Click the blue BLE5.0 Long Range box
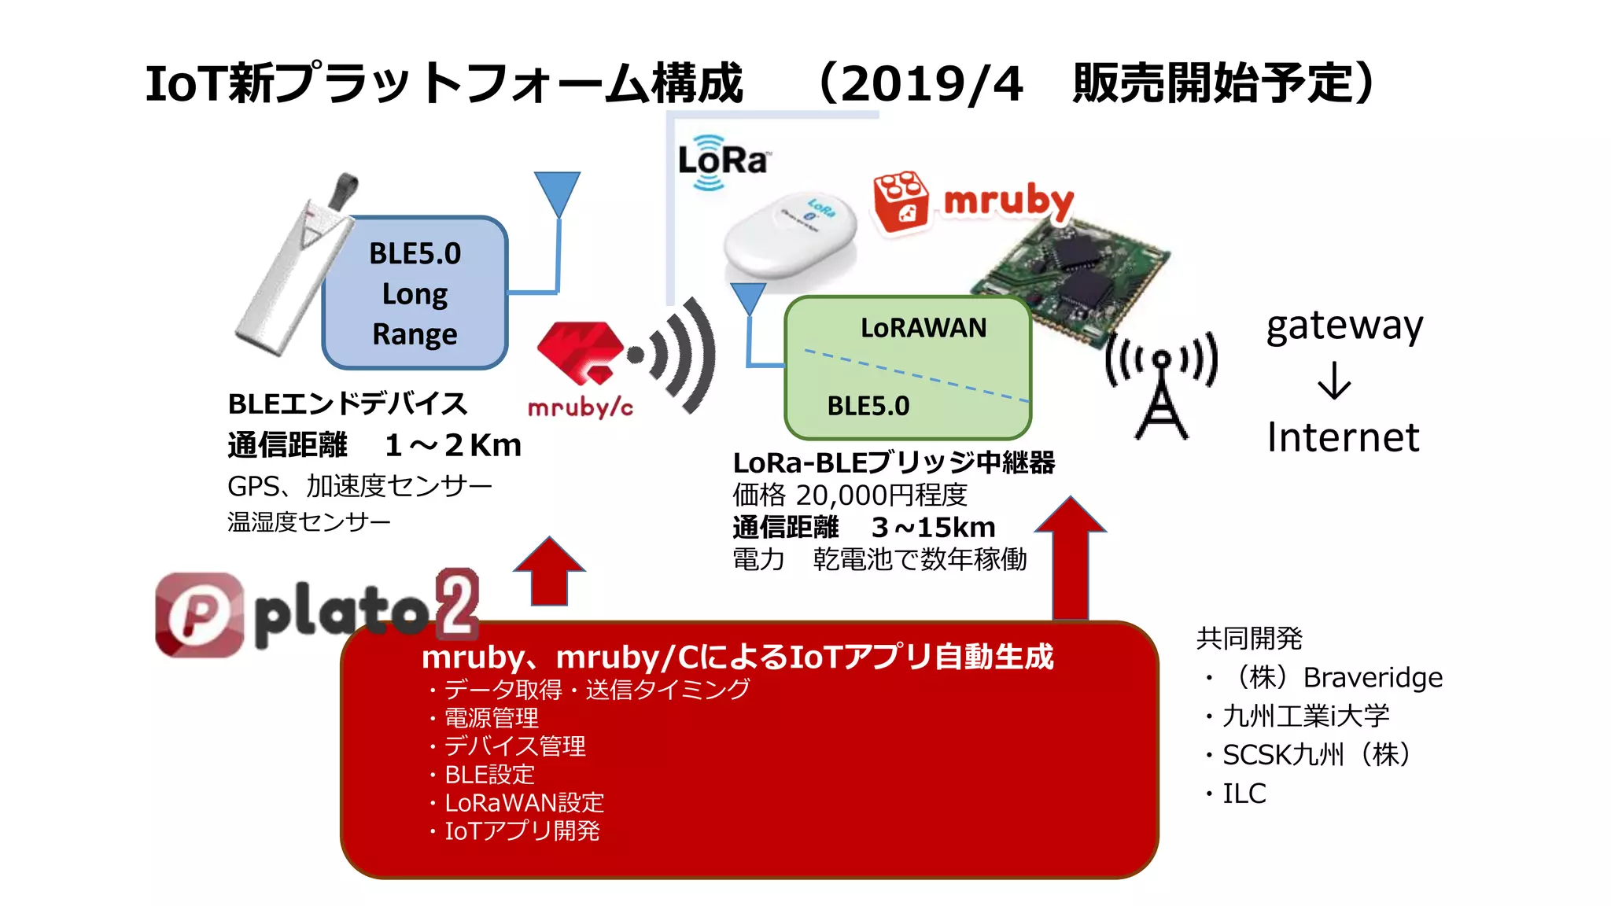click(x=415, y=293)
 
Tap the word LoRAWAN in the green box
click(x=923, y=327)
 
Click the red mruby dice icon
click(x=901, y=201)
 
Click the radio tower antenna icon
click(x=1161, y=385)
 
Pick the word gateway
click(x=1344, y=326)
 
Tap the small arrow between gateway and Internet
click(x=1334, y=381)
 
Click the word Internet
click(x=1343, y=438)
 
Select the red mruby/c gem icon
click(x=580, y=351)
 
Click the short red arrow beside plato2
click(x=549, y=572)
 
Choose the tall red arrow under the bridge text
click(x=1070, y=558)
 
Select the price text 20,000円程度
click(x=881, y=495)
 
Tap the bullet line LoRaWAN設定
click(x=524, y=803)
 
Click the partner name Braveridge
click(x=1373, y=678)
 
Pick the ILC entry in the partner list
click(x=1244, y=794)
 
